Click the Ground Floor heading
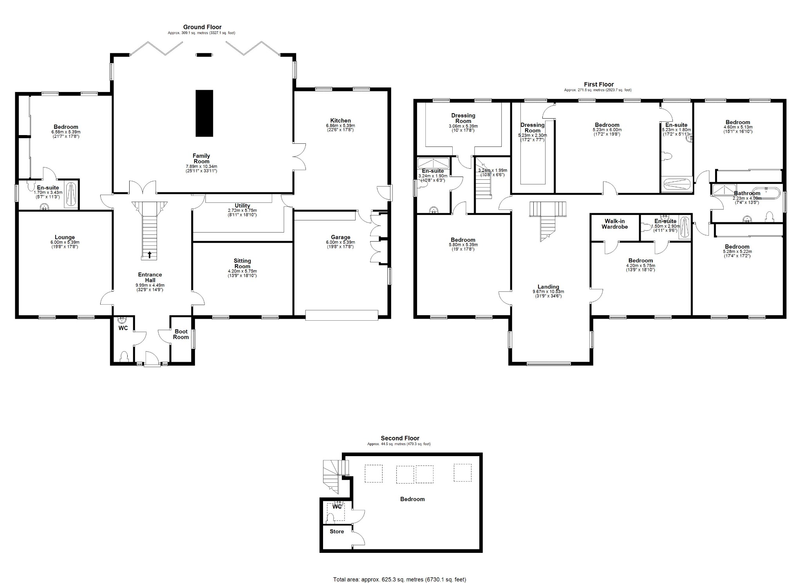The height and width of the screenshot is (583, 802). click(202, 27)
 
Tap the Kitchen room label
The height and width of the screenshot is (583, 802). click(340, 121)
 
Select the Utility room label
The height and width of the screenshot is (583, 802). click(242, 206)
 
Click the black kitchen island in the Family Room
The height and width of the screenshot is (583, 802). click(204, 113)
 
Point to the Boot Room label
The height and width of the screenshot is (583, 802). click(181, 334)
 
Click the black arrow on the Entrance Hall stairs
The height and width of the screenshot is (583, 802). click(149, 255)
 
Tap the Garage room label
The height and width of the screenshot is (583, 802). click(340, 237)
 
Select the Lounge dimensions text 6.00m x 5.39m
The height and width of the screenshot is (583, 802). click(65, 242)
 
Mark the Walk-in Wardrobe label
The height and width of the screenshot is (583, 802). click(614, 224)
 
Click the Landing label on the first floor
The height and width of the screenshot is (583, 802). click(548, 287)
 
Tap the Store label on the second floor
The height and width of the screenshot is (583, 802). click(337, 531)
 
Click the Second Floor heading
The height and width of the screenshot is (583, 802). click(400, 438)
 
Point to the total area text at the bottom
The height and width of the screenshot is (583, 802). click(400, 579)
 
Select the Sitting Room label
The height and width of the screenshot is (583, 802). click(242, 264)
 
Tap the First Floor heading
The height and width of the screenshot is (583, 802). click(599, 84)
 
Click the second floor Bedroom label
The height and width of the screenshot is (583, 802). click(412, 499)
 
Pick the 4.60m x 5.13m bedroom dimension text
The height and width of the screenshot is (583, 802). click(738, 127)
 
